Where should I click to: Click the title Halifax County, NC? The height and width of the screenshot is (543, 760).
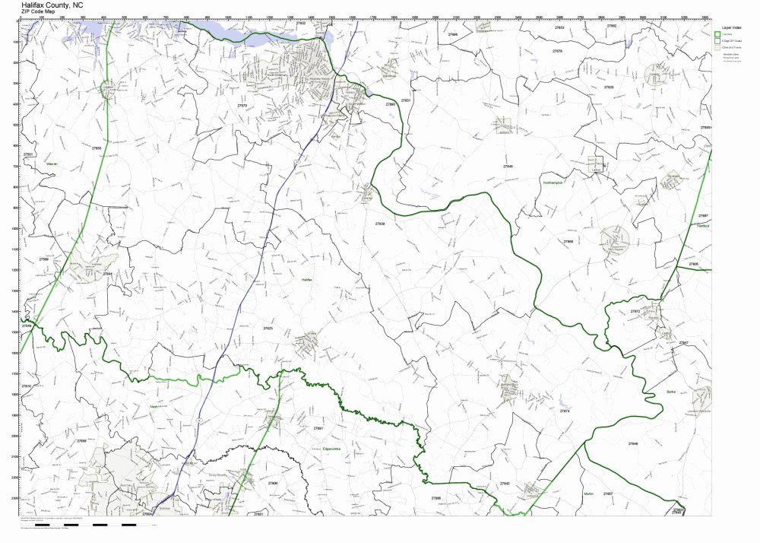pyautogui.click(x=52, y=5)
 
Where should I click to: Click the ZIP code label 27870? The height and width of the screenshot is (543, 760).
pyautogui.click(x=242, y=106)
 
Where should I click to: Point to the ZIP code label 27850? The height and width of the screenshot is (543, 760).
pyautogui.click(x=96, y=148)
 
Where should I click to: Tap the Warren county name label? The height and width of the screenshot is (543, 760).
pyautogui.click(x=52, y=163)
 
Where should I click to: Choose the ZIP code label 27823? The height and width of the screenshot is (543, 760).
pyautogui.click(x=268, y=328)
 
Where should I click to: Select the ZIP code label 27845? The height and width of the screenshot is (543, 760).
pyautogui.click(x=508, y=166)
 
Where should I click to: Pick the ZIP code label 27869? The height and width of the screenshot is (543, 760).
pyautogui.click(x=568, y=241)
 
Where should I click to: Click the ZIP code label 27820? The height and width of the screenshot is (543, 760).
pyautogui.click(x=609, y=87)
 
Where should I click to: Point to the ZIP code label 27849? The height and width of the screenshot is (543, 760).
pyautogui.click(x=633, y=443)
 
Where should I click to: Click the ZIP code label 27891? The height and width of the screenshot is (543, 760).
pyautogui.click(x=318, y=428)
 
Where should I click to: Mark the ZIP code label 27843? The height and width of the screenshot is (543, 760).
pyautogui.click(x=505, y=484)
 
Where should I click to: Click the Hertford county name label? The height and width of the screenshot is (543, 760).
pyautogui.click(x=702, y=226)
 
